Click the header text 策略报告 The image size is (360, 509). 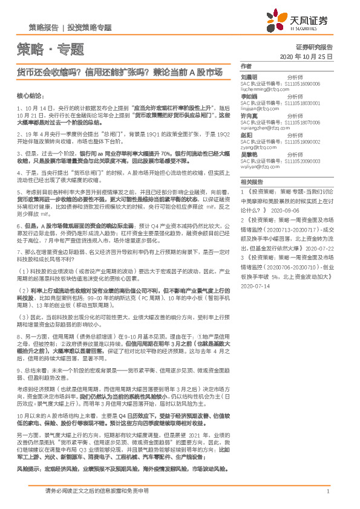(x=44, y=28)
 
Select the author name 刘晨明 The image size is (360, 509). (x=249, y=77)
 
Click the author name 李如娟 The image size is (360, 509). (x=249, y=96)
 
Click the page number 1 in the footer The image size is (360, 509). (x=327, y=492)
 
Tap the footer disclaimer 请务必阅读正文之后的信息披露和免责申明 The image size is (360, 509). (x=97, y=492)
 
